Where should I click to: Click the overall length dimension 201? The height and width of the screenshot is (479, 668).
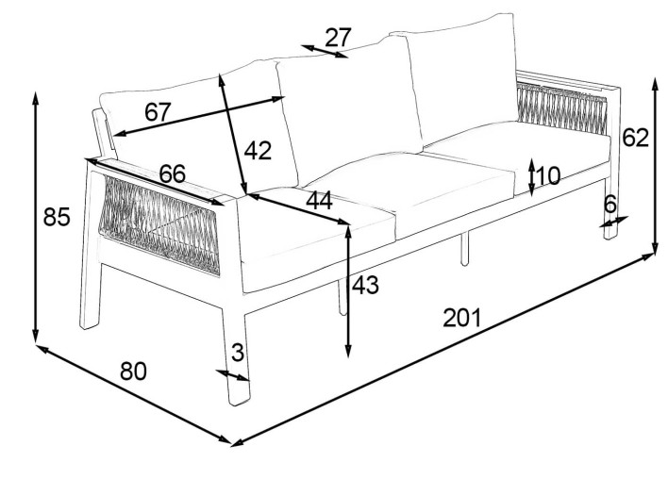(461, 318)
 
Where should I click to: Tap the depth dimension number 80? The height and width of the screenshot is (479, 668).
(133, 371)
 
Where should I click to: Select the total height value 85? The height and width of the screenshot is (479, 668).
(57, 217)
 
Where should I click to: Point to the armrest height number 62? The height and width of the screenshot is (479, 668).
(635, 138)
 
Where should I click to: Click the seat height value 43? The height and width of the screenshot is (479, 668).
(365, 285)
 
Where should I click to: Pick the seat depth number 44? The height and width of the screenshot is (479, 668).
(319, 201)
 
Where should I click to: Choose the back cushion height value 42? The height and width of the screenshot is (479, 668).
(258, 150)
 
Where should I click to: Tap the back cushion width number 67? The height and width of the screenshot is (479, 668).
(158, 112)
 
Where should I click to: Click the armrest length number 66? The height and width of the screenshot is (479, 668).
(173, 173)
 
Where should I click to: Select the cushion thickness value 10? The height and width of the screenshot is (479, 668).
(548, 175)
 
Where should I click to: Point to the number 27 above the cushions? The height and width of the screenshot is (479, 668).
(339, 38)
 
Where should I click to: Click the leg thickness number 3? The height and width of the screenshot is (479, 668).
(238, 352)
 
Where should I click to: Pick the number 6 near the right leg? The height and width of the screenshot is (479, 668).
(610, 205)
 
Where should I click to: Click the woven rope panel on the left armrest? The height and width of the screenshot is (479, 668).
(159, 224)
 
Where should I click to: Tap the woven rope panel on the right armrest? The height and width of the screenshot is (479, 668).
(561, 107)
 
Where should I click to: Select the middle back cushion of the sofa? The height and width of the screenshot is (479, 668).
(349, 115)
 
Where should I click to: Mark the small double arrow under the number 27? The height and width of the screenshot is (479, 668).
(325, 51)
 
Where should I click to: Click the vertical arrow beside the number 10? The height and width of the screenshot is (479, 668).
(532, 177)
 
